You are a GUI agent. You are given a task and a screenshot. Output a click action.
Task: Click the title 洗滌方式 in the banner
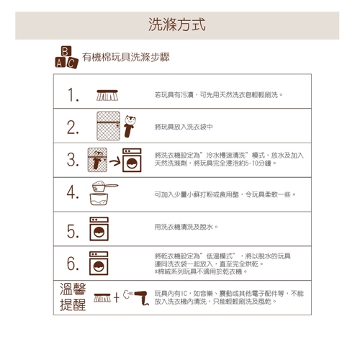[177, 24]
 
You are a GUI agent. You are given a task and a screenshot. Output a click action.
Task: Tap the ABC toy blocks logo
[66, 57]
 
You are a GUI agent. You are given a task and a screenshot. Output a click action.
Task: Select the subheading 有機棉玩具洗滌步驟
[126, 57]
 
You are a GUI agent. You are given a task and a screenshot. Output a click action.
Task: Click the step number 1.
[73, 94]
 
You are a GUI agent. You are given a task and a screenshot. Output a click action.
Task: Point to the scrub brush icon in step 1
[107, 95]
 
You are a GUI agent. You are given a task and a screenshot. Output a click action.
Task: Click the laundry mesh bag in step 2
[109, 126]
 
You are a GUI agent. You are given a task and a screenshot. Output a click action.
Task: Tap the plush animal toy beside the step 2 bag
[130, 126]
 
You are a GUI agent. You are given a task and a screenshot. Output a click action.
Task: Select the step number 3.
[73, 160]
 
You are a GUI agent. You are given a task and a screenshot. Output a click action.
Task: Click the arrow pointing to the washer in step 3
[115, 162]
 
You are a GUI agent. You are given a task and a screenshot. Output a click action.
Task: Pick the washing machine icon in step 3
[132, 160]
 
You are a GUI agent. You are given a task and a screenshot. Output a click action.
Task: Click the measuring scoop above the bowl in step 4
[104, 186]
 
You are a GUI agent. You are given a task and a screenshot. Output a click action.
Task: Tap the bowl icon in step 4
[99, 199]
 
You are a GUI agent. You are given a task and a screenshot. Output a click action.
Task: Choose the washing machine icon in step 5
[99, 229]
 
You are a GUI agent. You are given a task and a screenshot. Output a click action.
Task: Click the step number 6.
[73, 264]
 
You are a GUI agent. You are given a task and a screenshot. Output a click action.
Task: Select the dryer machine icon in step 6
[99, 264]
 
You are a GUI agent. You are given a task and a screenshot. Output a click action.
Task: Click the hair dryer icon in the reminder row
[136, 297]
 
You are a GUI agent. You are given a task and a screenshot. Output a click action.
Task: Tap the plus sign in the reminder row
[117, 297]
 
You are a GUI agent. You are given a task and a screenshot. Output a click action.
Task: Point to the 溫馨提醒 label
[73, 297]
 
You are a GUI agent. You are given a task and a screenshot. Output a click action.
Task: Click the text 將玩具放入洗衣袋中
[184, 127]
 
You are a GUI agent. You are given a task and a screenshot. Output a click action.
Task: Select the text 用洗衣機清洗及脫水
[184, 227]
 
